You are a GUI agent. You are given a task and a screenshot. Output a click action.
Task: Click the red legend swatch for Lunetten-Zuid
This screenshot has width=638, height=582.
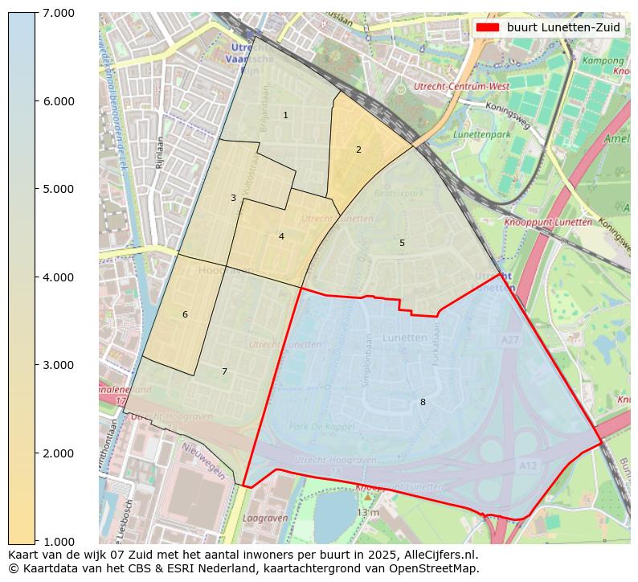click(487, 27)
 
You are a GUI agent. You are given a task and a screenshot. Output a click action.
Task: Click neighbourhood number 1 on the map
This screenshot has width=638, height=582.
click(285, 116)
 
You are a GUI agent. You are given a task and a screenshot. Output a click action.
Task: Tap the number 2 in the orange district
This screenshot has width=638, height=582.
click(358, 150)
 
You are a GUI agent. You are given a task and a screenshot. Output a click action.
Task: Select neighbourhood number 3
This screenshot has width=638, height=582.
click(233, 198)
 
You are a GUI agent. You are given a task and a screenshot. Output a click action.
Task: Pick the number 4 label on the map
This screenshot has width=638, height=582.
click(281, 236)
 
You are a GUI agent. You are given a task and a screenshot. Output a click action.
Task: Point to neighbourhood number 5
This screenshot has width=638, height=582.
click(402, 243)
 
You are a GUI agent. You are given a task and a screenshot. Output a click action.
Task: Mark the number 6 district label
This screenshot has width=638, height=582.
click(185, 314)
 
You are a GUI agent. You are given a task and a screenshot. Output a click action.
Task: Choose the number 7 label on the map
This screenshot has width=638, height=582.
click(224, 371)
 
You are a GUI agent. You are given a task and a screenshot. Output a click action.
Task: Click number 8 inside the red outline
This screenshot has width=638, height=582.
click(423, 402)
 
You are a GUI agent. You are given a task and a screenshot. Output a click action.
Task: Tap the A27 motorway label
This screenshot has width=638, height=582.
click(509, 341)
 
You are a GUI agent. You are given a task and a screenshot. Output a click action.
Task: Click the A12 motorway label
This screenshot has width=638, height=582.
click(528, 465)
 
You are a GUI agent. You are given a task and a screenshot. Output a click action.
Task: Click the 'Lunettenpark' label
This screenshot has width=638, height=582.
click(481, 135)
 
